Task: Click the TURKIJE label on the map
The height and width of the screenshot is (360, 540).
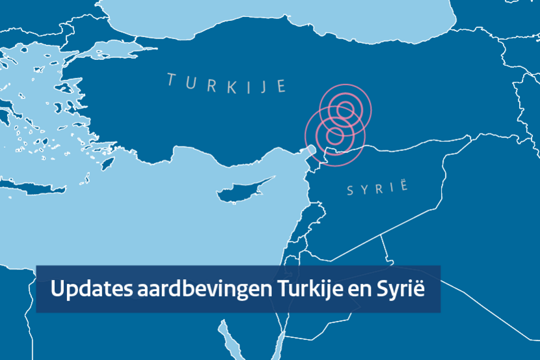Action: point(226,83)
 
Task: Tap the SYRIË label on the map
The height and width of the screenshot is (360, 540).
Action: point(377,189)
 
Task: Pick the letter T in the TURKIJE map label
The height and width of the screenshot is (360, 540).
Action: point(171,79)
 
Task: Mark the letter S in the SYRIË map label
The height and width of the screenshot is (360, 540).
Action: point(351,191)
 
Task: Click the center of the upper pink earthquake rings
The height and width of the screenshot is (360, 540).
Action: point(345,109)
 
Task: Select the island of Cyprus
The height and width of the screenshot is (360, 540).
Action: point(241,189)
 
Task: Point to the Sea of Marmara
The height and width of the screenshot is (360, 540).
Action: point(104,49)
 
